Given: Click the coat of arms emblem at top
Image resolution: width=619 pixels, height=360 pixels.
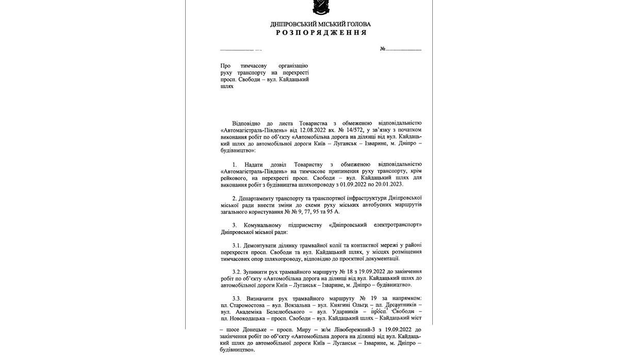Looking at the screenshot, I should (320, 7).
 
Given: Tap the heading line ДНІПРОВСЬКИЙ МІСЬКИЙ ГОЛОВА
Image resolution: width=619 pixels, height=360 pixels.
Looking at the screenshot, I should (320, 24).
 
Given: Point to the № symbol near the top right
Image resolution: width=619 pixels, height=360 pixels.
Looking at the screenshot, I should (383, 49).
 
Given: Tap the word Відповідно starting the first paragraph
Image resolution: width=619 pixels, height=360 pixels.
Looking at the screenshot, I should (249, 123).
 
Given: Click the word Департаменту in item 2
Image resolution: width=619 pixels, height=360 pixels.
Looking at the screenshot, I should (265, 198).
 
